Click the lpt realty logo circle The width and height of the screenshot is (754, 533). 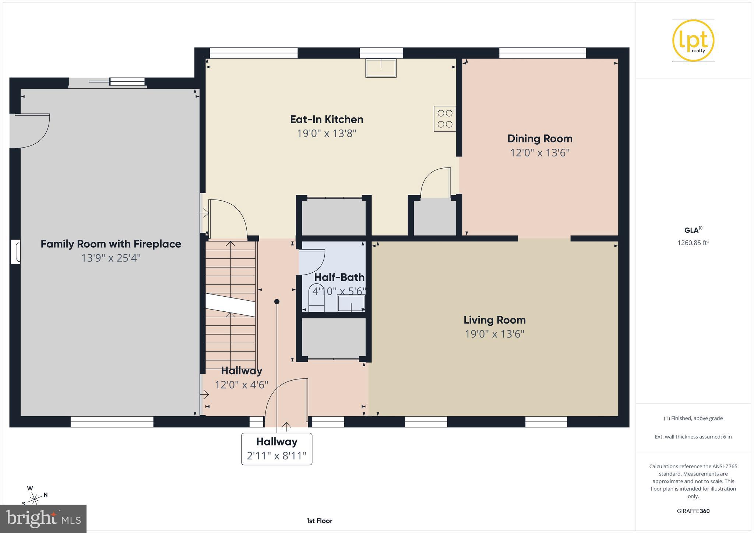point(693,40)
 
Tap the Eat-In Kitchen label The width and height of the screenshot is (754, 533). point(327,119)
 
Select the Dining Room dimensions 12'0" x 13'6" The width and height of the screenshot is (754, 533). point(540,152)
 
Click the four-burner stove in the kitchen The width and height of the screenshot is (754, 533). point(445,119)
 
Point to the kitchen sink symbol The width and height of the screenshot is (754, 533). point(381,68)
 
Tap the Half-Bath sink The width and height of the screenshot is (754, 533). point(351,303)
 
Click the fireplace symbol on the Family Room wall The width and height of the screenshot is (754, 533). point(15,251)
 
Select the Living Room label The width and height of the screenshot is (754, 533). point(494,320)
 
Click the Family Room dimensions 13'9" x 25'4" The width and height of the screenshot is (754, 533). point(111,258)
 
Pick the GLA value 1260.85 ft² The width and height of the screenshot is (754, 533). point(693,243)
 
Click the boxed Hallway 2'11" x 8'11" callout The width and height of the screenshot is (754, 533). point(277,449)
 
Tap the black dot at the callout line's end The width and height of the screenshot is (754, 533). point(277,301)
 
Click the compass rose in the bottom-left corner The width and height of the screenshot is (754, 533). point(35,499)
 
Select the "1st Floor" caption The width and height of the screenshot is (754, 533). point(319,520)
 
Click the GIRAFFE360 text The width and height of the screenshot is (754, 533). point(693,511)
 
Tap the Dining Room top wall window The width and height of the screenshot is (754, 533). point(542,53)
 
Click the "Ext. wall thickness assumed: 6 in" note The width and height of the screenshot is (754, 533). point(693,437)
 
